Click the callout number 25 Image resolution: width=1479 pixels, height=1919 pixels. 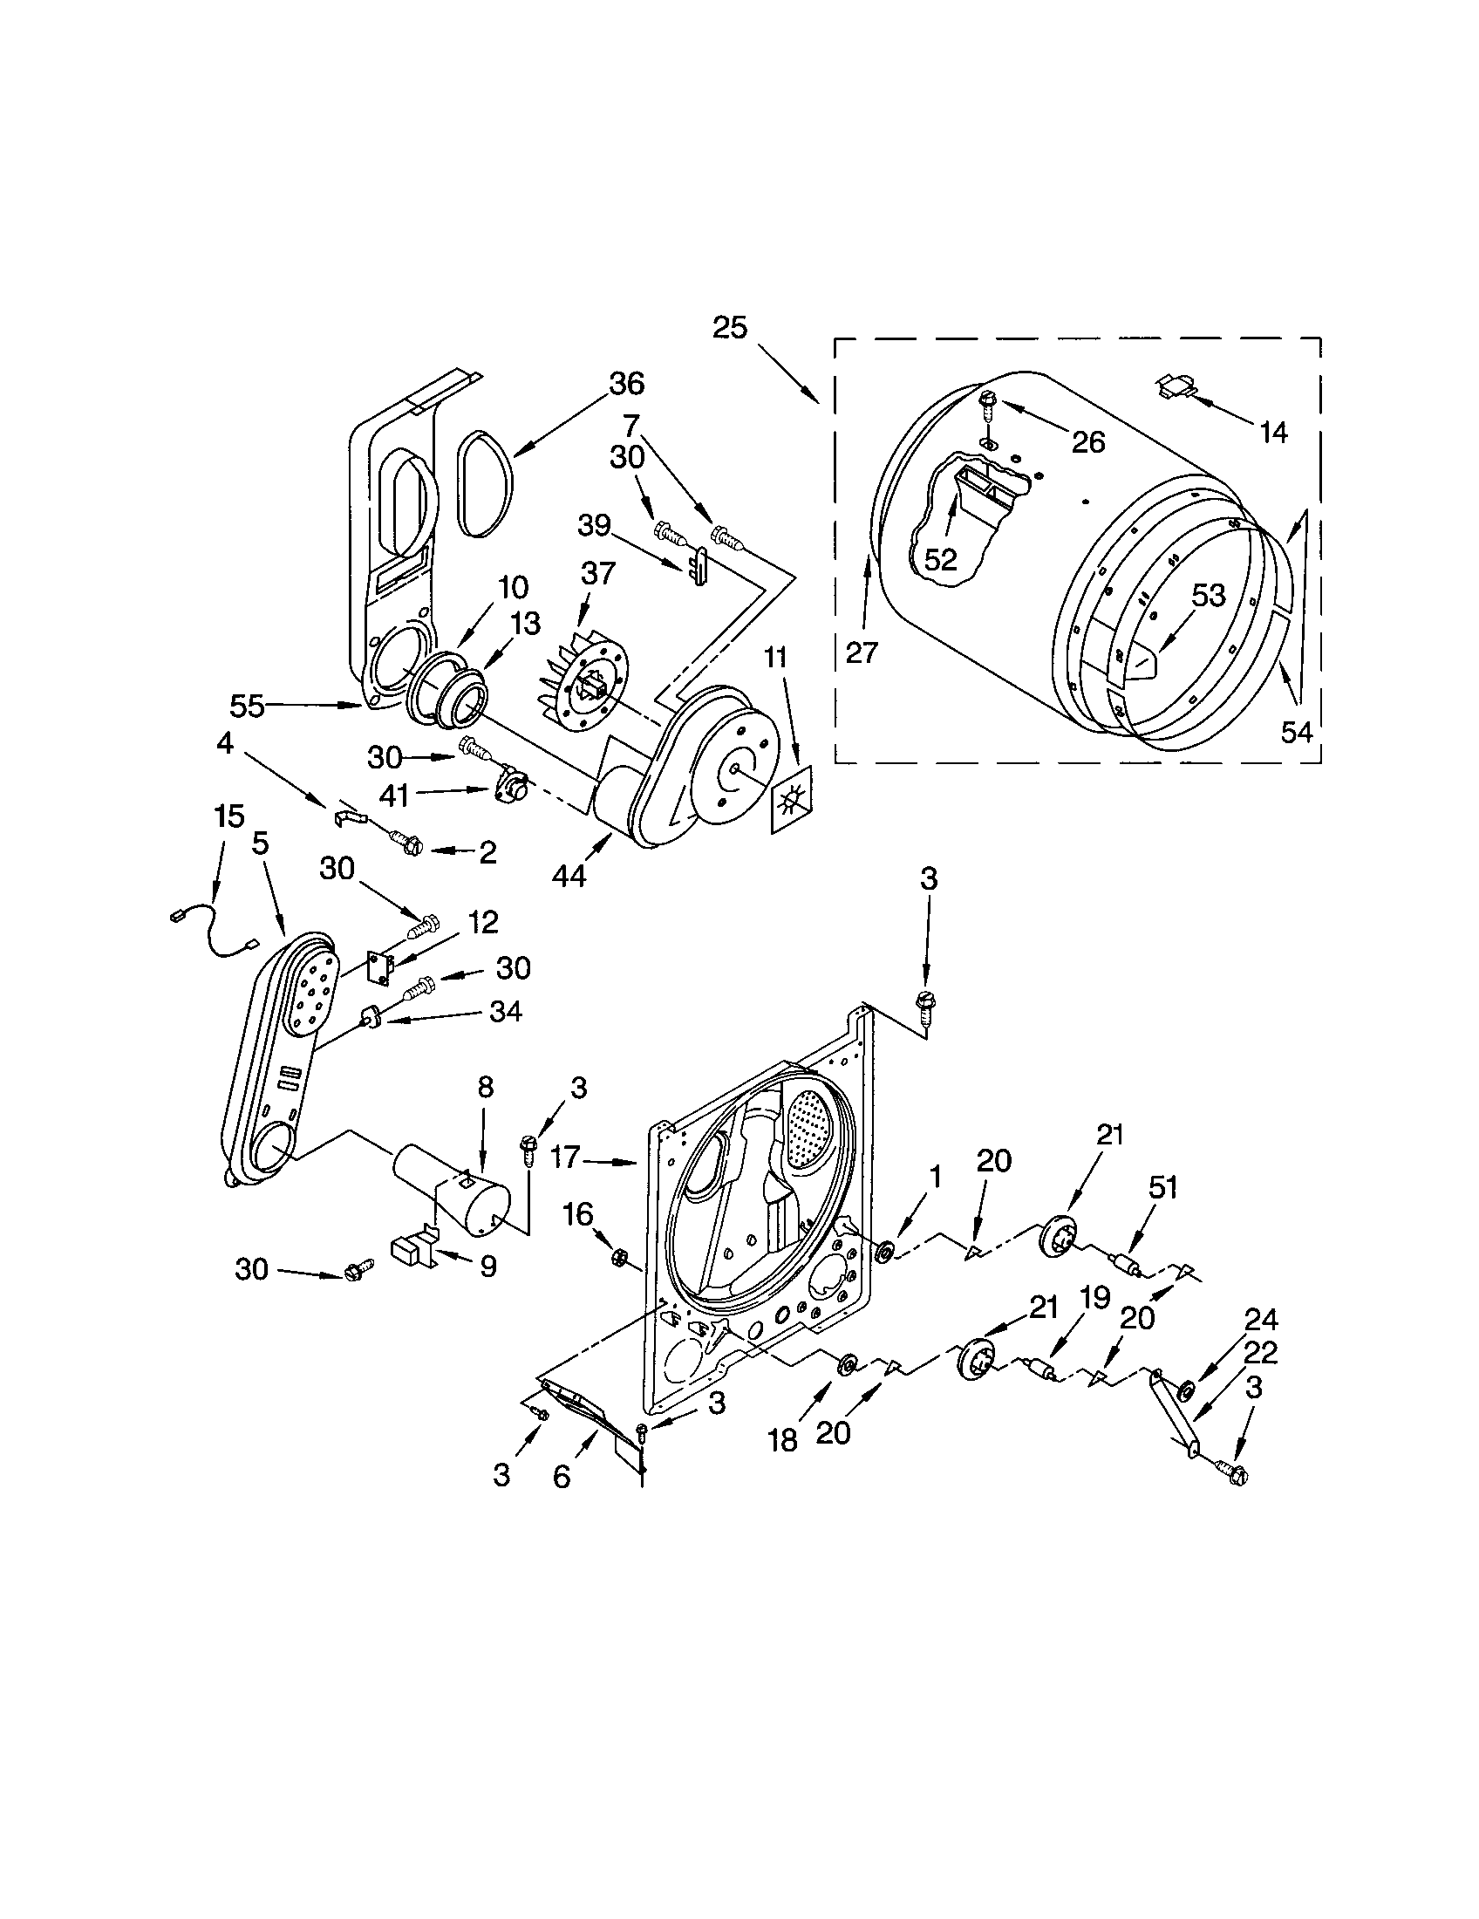pos(730,329)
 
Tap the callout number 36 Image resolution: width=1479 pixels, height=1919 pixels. pos(625,384)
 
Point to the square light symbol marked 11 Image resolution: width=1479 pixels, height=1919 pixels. pos(791,799)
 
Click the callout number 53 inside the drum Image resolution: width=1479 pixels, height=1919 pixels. pos(1208,596)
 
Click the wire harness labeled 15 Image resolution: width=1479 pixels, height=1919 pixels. pos(214,933)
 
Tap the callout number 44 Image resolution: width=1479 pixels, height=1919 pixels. pos(569,876)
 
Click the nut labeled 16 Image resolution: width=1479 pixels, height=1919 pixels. pos(617,1257)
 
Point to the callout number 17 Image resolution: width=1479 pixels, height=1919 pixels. pos(566,1158)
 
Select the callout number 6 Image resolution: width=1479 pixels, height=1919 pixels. pos(562,1477)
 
